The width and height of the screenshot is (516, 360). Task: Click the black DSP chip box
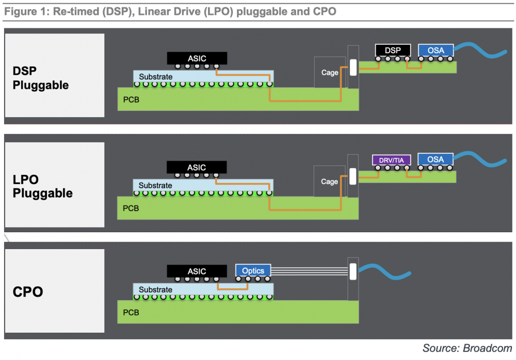click(393, 51)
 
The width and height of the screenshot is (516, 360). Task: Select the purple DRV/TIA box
click(391, 160)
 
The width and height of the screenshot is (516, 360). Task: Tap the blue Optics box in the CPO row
click(253, 270)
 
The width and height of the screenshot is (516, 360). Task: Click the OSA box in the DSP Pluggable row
click(436, 51)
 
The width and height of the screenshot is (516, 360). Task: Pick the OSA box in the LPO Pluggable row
click(436, 159)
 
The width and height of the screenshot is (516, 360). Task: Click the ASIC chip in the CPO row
click(197, 271)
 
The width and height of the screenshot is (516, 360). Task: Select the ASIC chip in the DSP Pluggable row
click(197, 58)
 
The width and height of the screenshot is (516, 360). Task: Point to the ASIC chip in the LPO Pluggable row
click(197, 167)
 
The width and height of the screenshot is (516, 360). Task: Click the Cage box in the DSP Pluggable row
click(330, 72)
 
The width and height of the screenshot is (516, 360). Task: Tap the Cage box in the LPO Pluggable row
click(329, 182)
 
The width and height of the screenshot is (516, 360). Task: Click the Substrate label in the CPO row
click(155, 289)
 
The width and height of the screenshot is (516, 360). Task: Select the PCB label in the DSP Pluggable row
click(131, 100)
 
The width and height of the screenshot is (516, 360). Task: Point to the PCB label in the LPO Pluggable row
click(131, 208)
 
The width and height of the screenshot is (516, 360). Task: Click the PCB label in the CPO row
click(131, 312)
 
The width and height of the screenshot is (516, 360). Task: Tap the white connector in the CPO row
click(353, 271)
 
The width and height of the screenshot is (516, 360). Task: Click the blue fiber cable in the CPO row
click(384, 271)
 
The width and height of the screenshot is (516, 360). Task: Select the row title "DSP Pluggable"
click(40, 78)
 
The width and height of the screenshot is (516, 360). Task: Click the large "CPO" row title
click(28, 292)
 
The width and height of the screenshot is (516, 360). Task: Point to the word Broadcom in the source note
click(488, 348)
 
